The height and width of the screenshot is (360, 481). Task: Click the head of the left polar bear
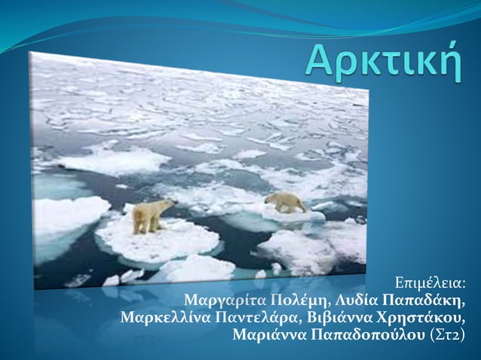point(169,204)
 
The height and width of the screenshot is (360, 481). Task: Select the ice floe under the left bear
point(158,241)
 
